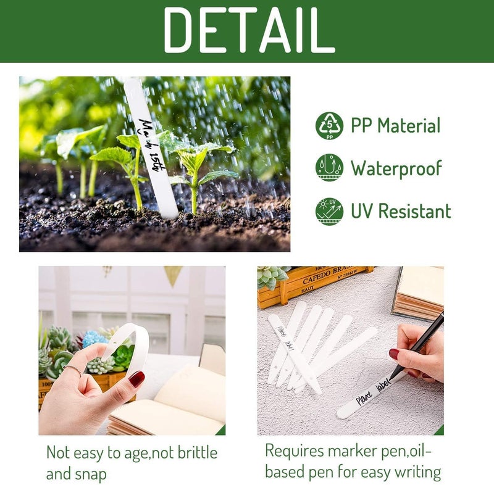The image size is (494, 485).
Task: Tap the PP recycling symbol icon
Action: pyautogui.click(x=329, y=126)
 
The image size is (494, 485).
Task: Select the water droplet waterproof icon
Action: pyautogui.click(x=329, y=168)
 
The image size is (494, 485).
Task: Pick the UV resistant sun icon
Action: pyautogui.click(x=329, y=211)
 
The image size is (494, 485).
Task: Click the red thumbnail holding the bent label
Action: pyautogui.click(x=136, y=378)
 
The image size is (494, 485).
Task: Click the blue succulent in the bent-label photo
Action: pyautogui.click(x=94, y=338)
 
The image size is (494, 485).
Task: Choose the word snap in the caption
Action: pyautogui.click(x=91, y=475)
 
